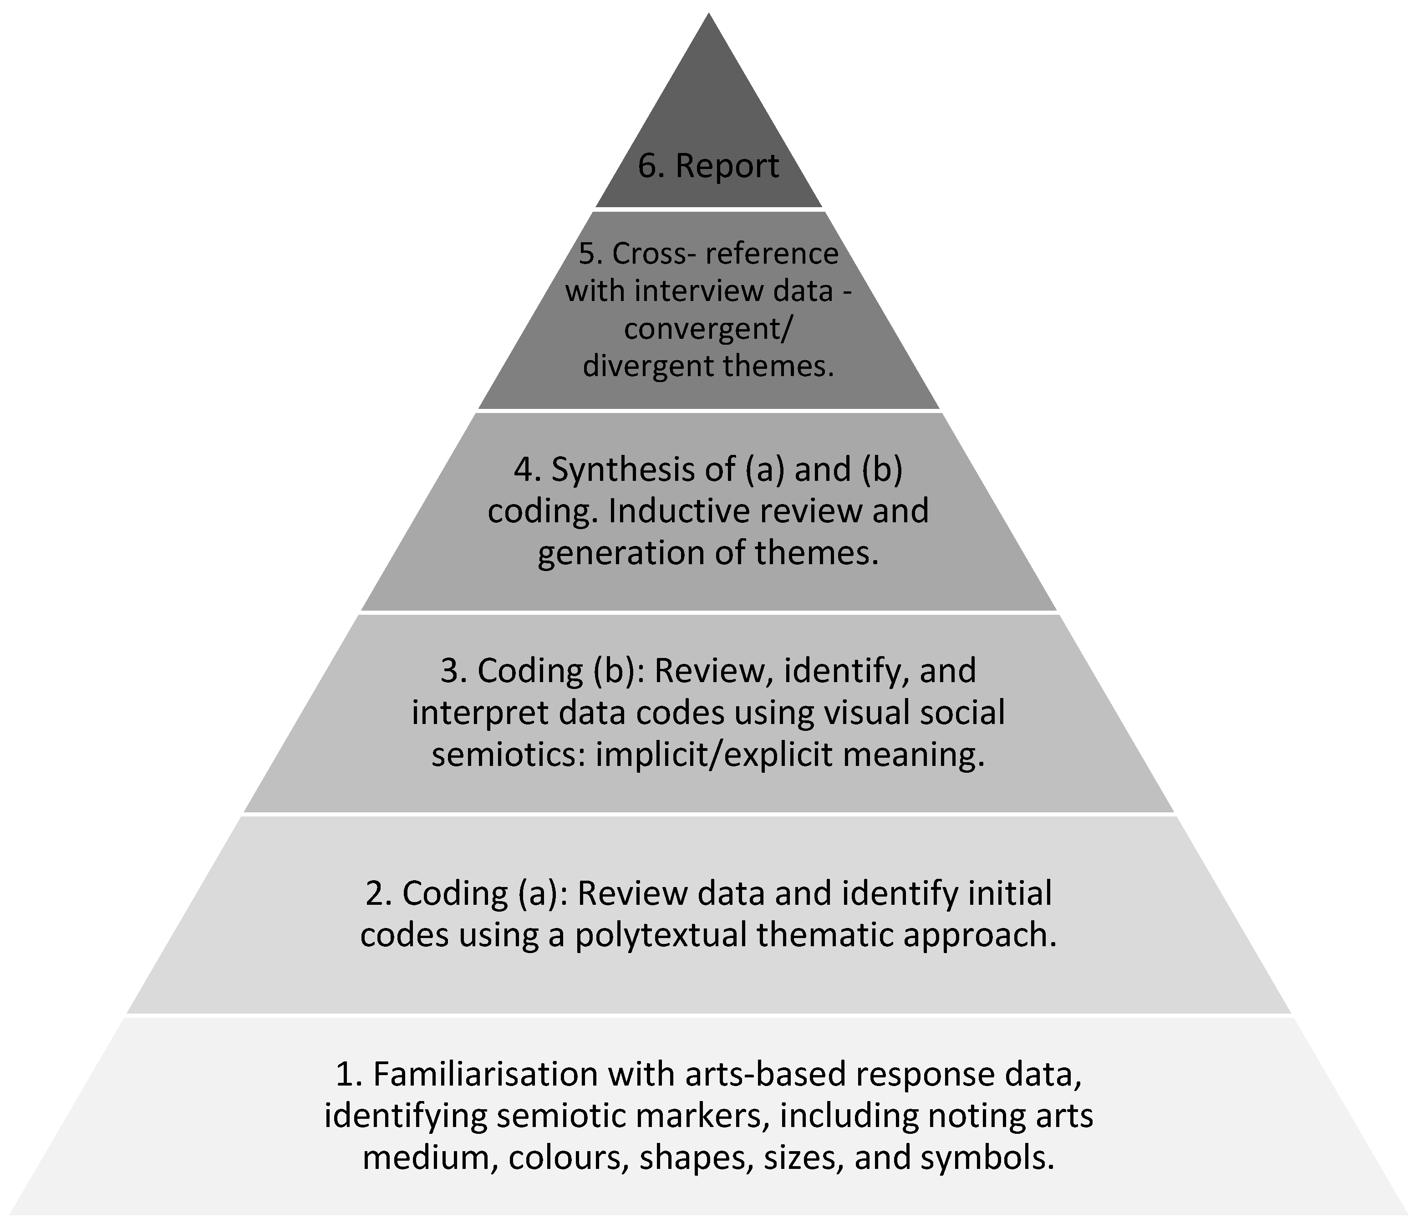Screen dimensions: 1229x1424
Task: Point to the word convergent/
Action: click(708, 329)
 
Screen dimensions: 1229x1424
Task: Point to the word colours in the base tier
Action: click(565, 1158)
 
